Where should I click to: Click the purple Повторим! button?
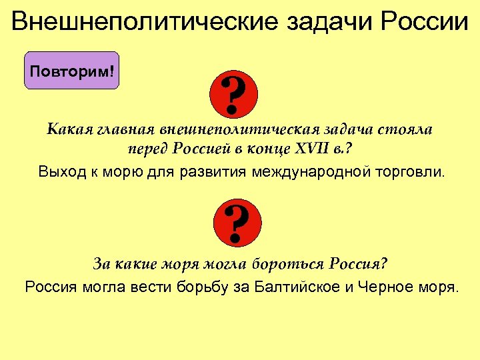(x=71, y=71)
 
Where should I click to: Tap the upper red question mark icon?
(x=233, y=93)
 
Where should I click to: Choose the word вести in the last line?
(x=153, y=287)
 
